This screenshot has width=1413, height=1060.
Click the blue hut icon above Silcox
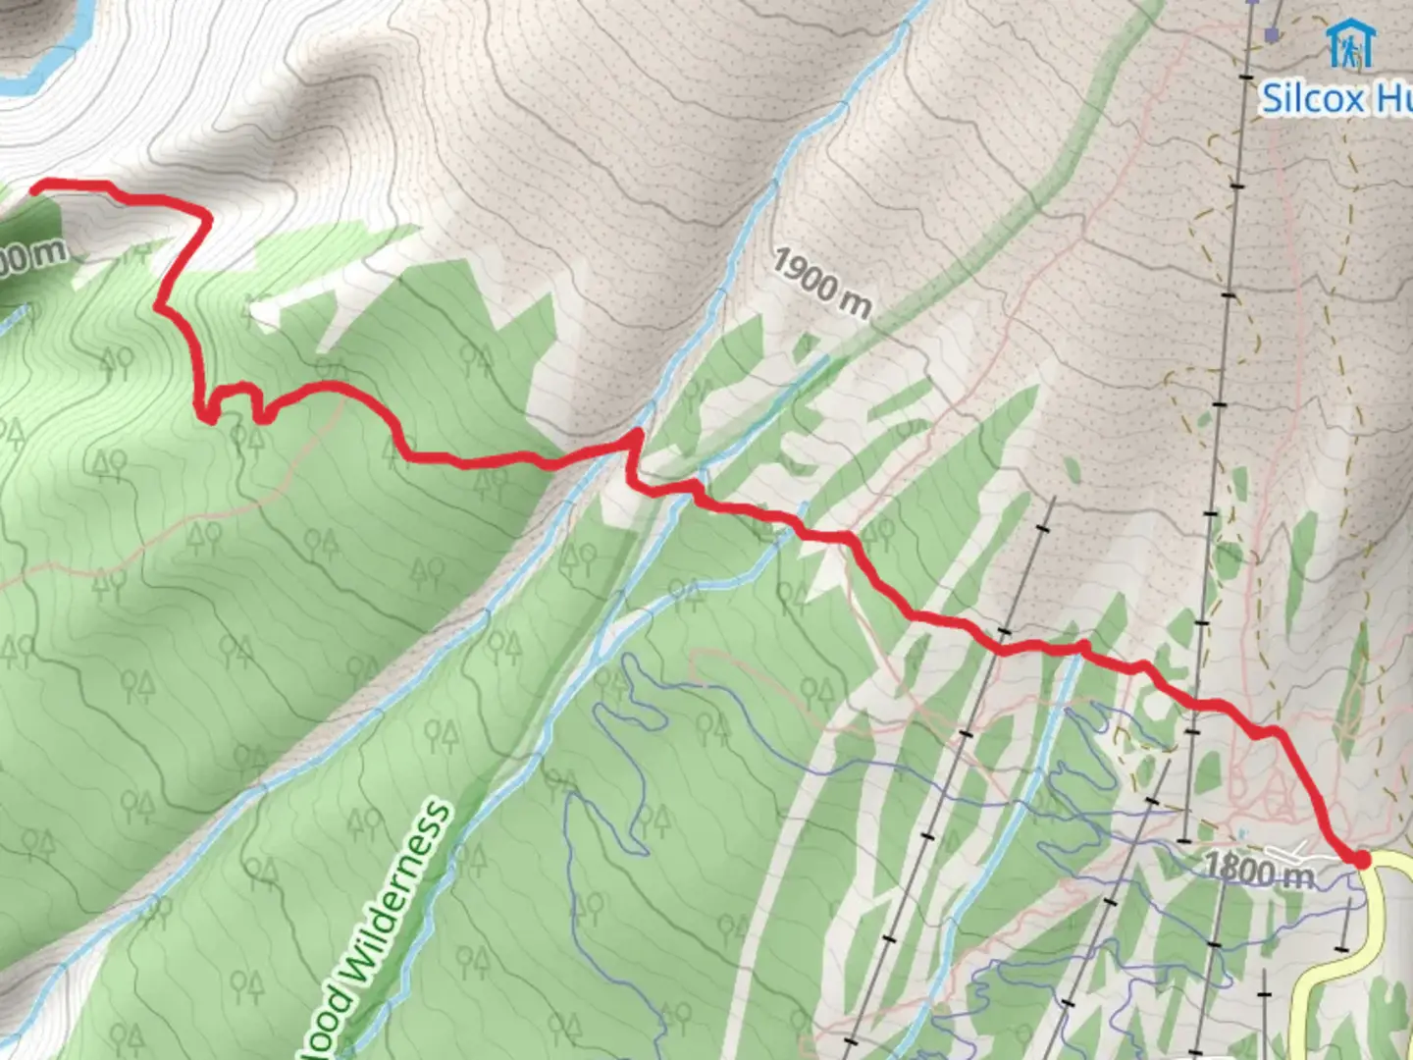(1350, 44)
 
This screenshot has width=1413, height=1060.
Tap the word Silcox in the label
(1312, 99)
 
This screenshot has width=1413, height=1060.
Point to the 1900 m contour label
(821, 283)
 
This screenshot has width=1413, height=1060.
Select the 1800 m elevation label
(1258, 870)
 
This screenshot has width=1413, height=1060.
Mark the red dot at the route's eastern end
(1361, 860)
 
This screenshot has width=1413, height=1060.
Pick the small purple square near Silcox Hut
(1272, 35)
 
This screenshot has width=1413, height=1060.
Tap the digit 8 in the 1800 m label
(1230, 868)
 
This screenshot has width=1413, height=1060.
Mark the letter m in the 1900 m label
(855, 303)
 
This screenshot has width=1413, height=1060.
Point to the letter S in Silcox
(1273, 99)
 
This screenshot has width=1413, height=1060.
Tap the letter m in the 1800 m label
(1299, 874)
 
